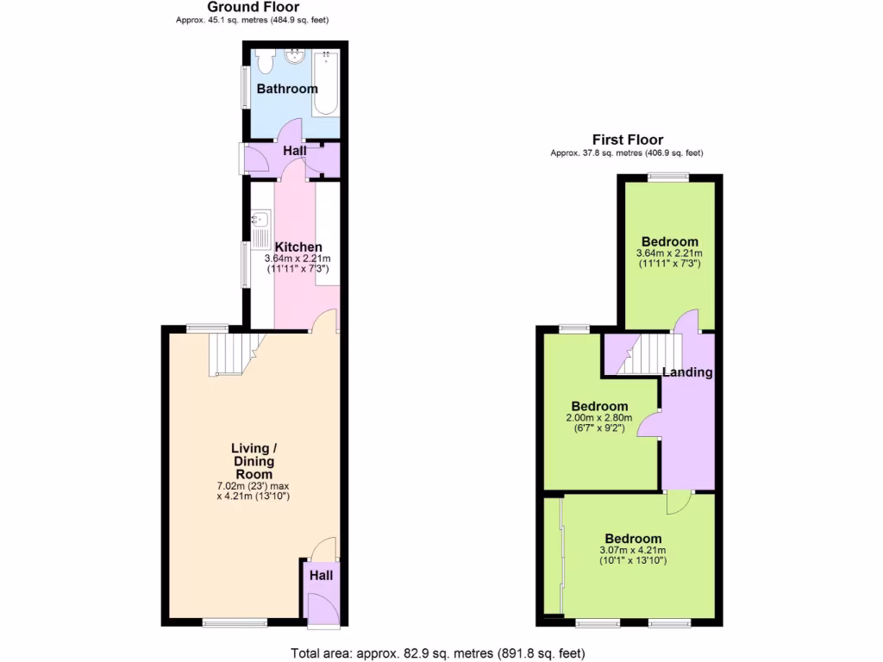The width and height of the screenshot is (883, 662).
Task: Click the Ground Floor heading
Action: (x=252, y=7)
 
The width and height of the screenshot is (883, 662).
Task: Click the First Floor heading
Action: (x=627, y=140)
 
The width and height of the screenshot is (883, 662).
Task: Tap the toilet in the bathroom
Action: (x=265, y=61)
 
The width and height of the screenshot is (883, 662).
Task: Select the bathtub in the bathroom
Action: (x=326, y=84)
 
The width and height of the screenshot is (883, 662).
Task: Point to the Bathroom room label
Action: (x=287, y=89)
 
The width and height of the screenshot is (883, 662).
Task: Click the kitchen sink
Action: (x=258, y=223)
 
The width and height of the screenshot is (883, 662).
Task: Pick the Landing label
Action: (x=687, y=372)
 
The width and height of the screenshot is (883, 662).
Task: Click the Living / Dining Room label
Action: (x=254, y=461)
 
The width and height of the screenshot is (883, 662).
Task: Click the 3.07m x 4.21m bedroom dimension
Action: (x=633, y=551)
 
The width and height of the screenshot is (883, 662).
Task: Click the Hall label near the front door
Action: (x=322, y=576)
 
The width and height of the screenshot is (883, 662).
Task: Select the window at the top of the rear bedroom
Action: (x=668, y=177)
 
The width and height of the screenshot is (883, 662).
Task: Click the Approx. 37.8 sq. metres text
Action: (x=627, y=153)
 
